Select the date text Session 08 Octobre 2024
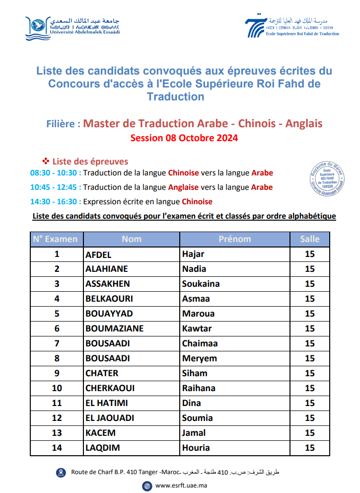(x=184, y=138)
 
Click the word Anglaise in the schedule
(x=183, y=187)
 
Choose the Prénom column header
(x=235, y=239)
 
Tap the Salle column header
(x=310, y=239)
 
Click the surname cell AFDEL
(x=99, y=254)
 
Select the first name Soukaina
(x=201, y=284)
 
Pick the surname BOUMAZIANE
(x=115, y=329)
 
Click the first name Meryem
(x=200, y=358)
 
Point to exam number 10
(x=57, y=388)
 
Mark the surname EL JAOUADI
(x=110, y=418)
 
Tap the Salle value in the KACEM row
(x=310, y=433)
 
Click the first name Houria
(x=196, y=448)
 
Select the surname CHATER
(x=102, y=373)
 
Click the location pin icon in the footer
(x=61, y=472)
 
